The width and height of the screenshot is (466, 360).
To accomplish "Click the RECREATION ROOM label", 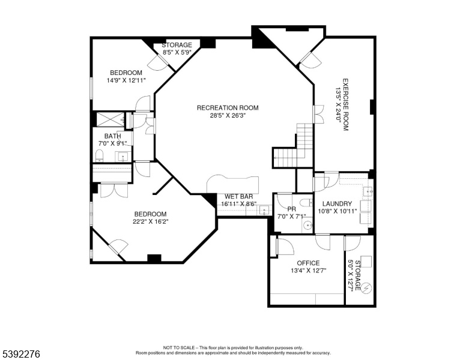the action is (x=228, y=107).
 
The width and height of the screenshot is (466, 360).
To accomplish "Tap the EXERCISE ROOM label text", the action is (x=346, y=104).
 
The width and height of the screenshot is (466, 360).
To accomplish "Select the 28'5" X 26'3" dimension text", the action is (x=228, y=116).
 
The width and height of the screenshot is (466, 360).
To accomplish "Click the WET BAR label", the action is (x=238, y=196).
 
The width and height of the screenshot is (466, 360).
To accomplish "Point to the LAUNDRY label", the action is (x=337, y=204).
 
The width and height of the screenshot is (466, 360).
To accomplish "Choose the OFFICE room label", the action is (x=308, y=263).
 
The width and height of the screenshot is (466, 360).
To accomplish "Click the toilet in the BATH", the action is (x=99, y=155).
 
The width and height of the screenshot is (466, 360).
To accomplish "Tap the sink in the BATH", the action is (x=123, y=156).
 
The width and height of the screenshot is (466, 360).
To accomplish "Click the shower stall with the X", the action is (x=110, y=119).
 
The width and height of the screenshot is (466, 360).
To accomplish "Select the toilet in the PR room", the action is (x=306, y=203).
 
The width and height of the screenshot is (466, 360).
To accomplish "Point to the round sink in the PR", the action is (x=307, y=226).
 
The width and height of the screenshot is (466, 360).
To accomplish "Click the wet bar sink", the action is (x=264, y=210).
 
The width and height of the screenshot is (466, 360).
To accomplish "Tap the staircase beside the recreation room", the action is (x=292, y=147).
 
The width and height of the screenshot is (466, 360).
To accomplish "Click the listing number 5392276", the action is (x=21, y=354).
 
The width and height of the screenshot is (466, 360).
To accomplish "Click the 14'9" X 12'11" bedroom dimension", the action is (x=126, y=80).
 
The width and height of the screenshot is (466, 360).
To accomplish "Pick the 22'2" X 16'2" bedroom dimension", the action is (x=150, y=221).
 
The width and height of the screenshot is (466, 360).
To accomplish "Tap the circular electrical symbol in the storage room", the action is (x=367, y=288).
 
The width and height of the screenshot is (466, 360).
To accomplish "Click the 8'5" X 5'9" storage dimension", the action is (x=177, y=52).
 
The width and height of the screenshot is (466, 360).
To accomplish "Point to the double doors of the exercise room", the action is (x=319, y=114).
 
